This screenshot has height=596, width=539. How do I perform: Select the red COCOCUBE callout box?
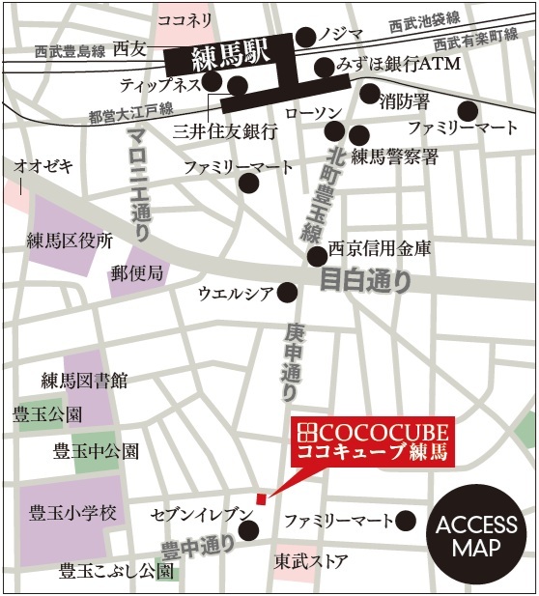(x=373, y=440)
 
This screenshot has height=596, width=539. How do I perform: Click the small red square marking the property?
(x=260, y=498)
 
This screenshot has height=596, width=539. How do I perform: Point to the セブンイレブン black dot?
(x=249, y=529)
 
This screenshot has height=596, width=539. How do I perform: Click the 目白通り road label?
(x=369, y=282)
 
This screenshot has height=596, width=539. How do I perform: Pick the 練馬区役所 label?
(x=71, y=241)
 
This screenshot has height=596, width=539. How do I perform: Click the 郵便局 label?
(x=137, y=272)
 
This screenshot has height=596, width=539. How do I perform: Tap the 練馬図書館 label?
(x=84, y=382)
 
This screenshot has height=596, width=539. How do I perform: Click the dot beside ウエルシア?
(x=287, y=292)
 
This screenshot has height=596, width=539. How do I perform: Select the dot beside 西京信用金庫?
(x=317, y=256)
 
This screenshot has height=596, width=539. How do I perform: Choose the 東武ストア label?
(x=310, y=560)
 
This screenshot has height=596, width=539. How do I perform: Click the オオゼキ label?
(x=43, y=166)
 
